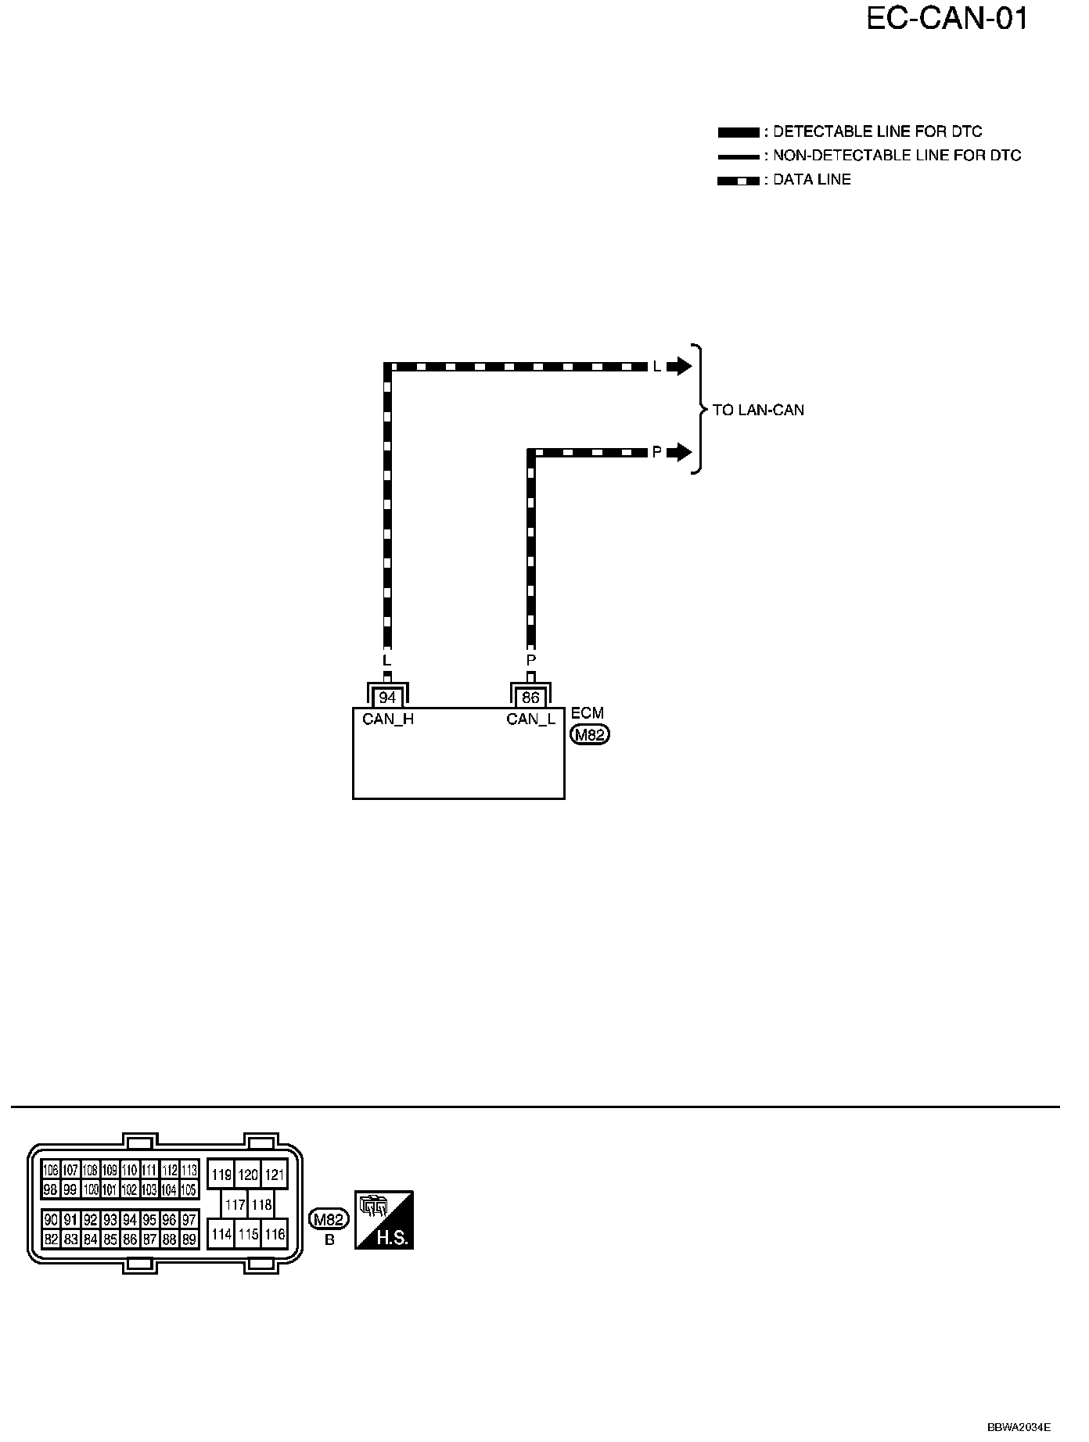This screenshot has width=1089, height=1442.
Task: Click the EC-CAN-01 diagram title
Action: click(x=947, y=20)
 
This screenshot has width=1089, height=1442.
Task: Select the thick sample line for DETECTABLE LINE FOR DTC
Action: click(x=737, y=132)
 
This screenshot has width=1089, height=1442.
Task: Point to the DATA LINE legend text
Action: click(x=811, y=180)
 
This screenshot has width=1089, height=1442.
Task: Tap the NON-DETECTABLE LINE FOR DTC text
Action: click(x=897, y=156)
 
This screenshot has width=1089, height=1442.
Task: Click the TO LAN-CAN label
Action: click(x=758, y=410)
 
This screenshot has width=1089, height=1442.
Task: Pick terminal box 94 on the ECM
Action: click(x=387, y=698)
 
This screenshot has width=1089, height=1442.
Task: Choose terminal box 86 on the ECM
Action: click(x=530, y=698)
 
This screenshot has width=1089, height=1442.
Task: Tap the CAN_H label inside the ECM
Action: click(x=388, y=719)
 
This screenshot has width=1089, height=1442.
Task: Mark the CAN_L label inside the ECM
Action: click(x=530, y=719)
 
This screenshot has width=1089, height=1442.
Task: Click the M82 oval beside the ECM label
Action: click(x=590, y=735)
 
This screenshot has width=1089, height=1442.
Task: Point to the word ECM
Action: click(x=588, y=713)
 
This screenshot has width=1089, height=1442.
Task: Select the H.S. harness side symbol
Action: click(x=383, y=1220)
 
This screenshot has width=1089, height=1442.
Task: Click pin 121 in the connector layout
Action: click(x=274, y=1175)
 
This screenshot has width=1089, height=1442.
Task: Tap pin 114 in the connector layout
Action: click(x=221, y=1234)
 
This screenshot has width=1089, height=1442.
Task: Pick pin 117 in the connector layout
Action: click(x=235, y=1205)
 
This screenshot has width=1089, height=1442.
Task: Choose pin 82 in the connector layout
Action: click(x=51, y=1239)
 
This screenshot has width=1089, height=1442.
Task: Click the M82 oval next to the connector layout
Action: click(x=329, y=1220)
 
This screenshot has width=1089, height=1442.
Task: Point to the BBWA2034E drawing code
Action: click(x=1019, y=1427)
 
